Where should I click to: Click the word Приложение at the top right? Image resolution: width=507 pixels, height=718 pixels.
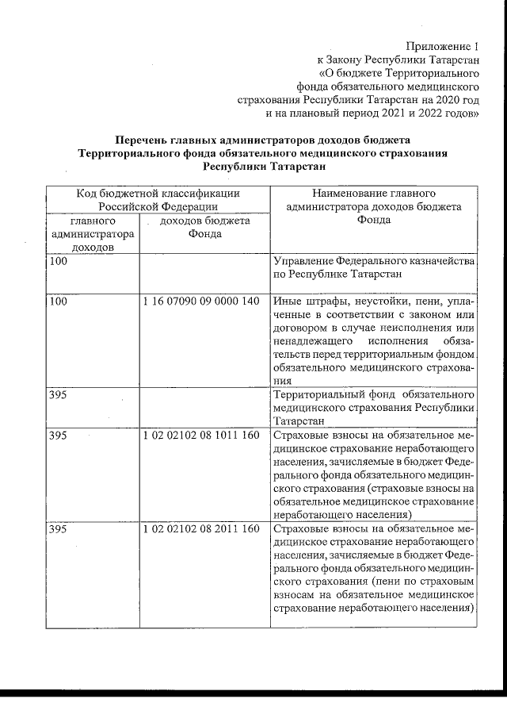click(436, 45)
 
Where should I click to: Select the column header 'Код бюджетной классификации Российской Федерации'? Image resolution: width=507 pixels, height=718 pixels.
click(158, 199)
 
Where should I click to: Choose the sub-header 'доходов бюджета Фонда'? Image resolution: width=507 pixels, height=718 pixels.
click(205, 227)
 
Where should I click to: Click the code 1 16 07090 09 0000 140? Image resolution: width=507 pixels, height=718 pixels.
click(202, 301)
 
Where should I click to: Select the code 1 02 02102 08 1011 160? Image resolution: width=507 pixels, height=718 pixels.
click(202, 436)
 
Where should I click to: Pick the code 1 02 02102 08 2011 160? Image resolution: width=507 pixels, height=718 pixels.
click(202, 529)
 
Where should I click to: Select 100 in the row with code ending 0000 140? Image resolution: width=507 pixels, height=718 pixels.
click(59, 301)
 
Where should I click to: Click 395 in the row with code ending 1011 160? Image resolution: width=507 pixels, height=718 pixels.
click(59, 436)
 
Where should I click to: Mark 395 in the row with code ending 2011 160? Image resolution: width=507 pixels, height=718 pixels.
click(59, 529)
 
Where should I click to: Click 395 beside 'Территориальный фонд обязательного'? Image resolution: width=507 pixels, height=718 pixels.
click(59, 394)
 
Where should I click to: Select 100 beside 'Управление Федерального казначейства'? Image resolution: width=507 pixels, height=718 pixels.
click(59, 261)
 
